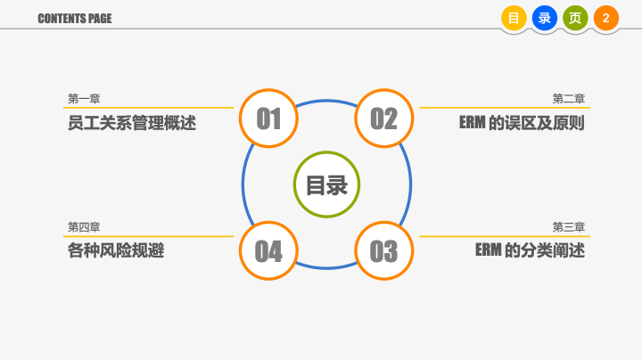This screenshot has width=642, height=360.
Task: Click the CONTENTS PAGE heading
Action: [x=75, y=19]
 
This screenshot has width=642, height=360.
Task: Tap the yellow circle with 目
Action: [x=514, y=18]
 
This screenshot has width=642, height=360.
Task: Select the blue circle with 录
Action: [x=545, y=18]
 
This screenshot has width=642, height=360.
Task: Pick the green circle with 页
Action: [x=575, y=18]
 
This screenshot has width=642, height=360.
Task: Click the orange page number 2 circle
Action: [x=606, y=18]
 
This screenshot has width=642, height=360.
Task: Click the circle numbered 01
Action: [x=268, y=119]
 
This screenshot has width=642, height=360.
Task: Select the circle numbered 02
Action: [x=384, y=119]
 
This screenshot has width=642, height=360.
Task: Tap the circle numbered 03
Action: [x=384, y=250]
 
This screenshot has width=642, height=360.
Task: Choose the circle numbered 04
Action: [x=268, y=250]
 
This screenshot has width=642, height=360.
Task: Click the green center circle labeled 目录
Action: [x=326, y=184]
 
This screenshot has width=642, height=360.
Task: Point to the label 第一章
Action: [x=84, y=99]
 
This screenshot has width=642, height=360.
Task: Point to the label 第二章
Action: [x=569, y=99]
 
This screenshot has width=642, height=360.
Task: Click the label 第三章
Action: [x=569, y=227]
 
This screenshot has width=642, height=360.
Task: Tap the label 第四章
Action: [x=84, y=227]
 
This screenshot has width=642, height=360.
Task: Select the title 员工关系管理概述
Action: [x=132, y=123]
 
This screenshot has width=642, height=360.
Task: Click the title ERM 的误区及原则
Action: [x=522, y=123]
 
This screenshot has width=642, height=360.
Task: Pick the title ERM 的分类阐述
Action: [x=530, y=250]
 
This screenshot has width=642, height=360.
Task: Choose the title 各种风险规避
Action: [x=116, y=250]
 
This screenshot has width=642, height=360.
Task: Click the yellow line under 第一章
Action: [x=148, y=108]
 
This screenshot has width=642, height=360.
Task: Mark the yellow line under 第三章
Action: [x=505, y=236]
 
